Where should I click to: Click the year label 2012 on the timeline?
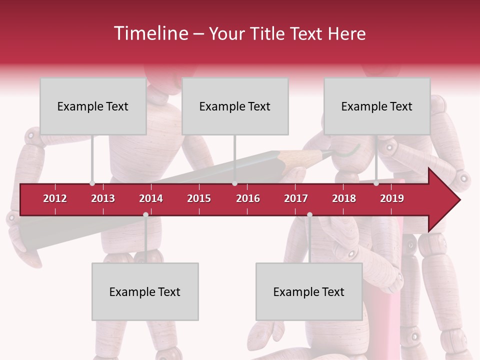click(x=55, y=198)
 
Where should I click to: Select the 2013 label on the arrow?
click(x=103, y=198)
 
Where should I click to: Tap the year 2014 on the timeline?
click(x=151, y=198)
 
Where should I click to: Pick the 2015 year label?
click(x=199, y=198)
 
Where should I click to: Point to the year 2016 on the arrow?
click(x=248, y=198)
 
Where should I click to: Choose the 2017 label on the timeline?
click(x=296, y=198)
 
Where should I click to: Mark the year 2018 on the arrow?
click(x=344, y=198)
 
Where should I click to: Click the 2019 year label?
click(x=392, y=198)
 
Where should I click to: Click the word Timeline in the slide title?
click(x=150, y=33)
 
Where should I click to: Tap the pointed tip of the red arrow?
click(x=459, y=200)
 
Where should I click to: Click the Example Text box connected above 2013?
click(x=93, y=106)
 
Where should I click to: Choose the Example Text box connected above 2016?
click(x=235, y=106)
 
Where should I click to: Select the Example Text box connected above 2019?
click(x=377, y=106)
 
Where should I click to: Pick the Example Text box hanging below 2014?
click(x=145, y=292)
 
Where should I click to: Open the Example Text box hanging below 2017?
click(x=309, y=292)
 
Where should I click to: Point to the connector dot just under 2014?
click(x=145, y=215)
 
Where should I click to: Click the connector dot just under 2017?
click(x=309, y=215)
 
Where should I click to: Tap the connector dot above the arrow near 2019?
click(x=376, y=183)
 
